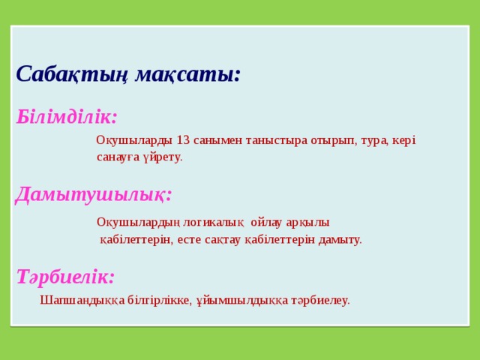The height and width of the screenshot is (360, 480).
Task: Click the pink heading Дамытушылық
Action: pos(94,194)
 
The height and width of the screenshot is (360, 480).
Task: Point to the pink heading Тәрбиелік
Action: pos(65,276)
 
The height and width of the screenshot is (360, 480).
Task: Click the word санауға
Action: pos(118,157)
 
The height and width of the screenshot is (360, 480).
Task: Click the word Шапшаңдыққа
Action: pos(82,300)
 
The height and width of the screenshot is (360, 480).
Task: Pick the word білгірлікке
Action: pos(159,300)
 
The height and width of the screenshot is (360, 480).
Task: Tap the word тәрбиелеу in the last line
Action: pos(320,300)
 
